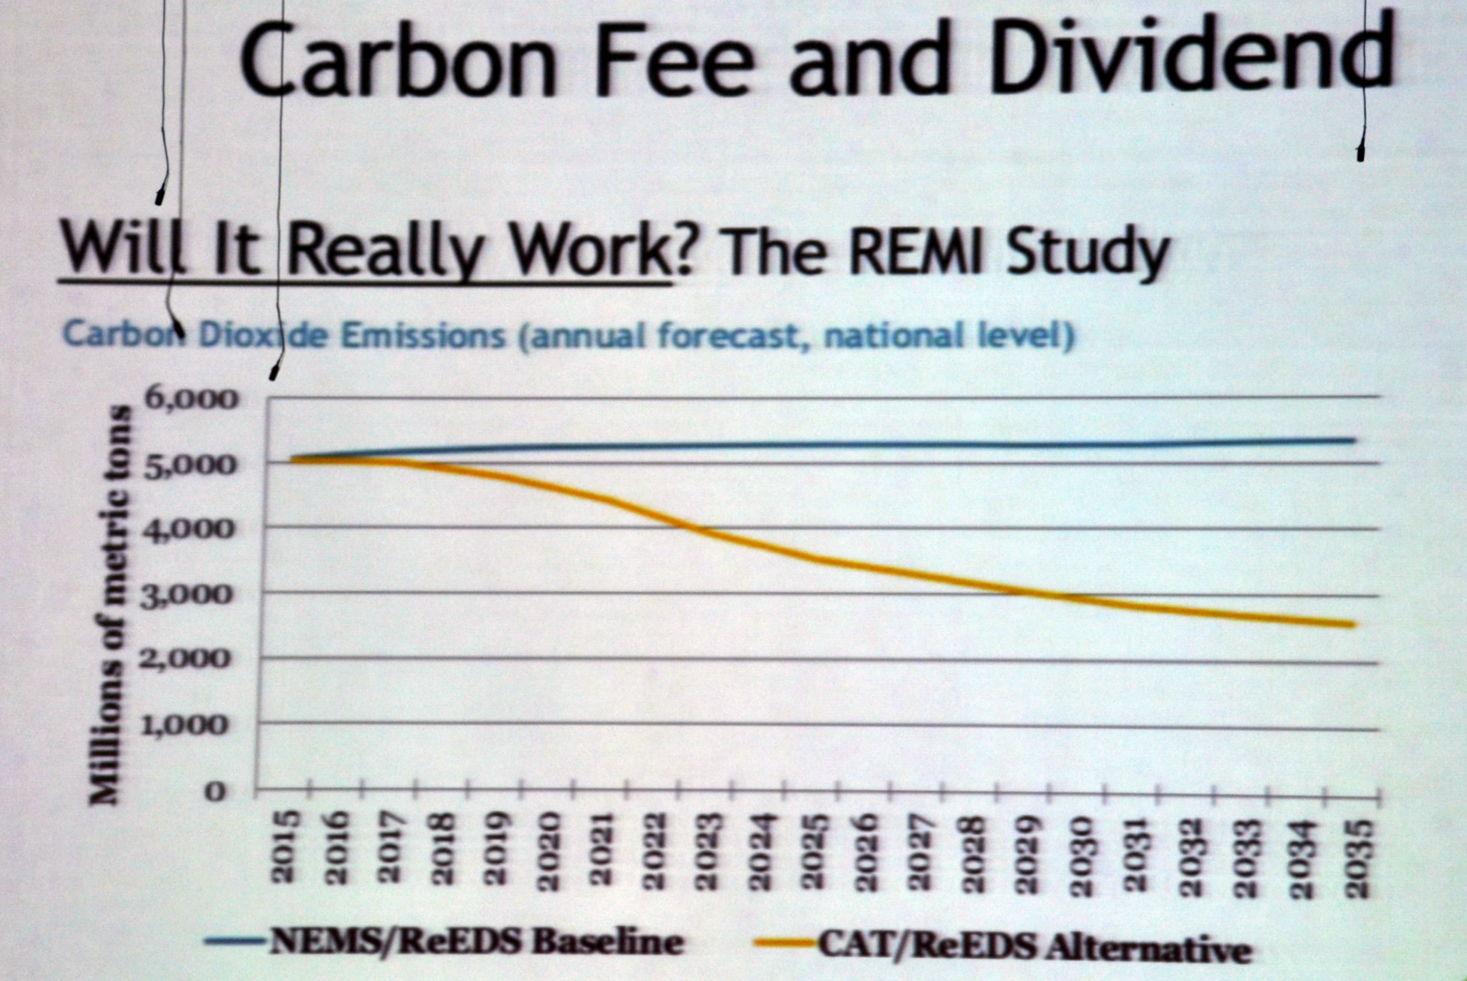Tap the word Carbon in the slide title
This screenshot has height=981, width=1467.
pos(397,59)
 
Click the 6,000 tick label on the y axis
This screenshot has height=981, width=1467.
pos(191,399)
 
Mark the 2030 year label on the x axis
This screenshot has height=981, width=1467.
pos(1080,856)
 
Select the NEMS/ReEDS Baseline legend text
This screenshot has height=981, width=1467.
pos(476,942)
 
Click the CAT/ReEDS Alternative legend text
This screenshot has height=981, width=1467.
pos(1035,947)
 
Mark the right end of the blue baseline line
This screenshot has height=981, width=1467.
pos(1352,440)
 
